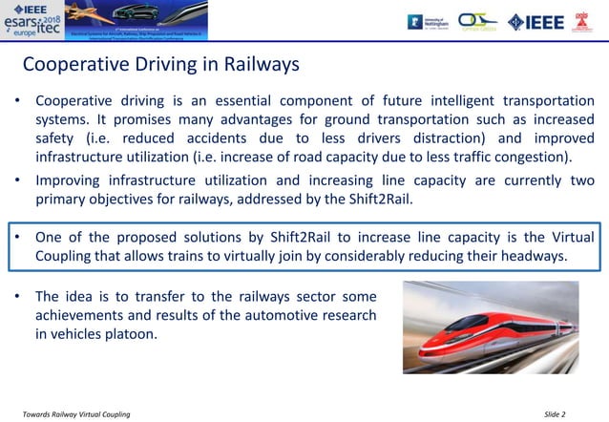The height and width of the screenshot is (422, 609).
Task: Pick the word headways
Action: pos(533,256)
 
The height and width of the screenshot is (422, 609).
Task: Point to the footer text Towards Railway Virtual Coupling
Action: pos(76,413)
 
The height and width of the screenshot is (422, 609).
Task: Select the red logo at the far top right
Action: pos(581,21)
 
